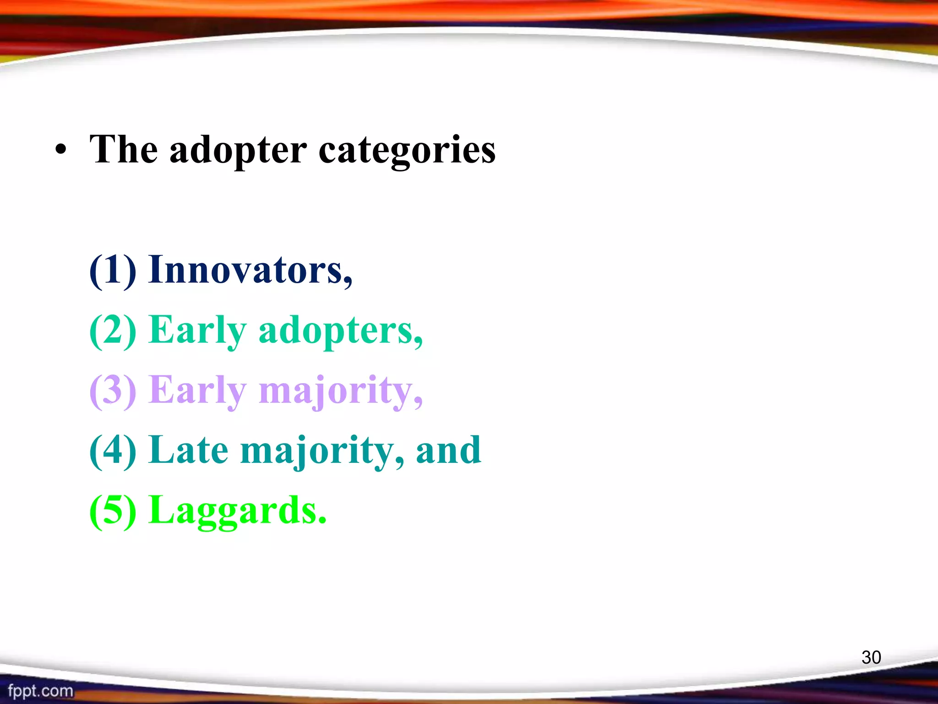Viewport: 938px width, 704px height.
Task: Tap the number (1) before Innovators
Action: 113,270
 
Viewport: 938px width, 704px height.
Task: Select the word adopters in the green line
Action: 341,331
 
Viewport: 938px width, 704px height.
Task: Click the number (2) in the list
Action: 113,331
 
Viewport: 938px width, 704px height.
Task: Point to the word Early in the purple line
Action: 197,391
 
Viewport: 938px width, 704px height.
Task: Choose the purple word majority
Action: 341,391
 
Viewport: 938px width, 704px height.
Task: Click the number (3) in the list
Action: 113,391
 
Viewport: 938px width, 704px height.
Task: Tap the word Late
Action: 188,451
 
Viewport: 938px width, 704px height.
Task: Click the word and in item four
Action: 448,451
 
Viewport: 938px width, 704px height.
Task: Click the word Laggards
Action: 238,511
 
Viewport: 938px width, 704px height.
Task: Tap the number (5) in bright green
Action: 113,511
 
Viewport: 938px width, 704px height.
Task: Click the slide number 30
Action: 871,657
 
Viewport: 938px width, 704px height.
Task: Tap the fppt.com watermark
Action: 40,691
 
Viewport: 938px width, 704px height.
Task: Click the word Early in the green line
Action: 197,331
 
